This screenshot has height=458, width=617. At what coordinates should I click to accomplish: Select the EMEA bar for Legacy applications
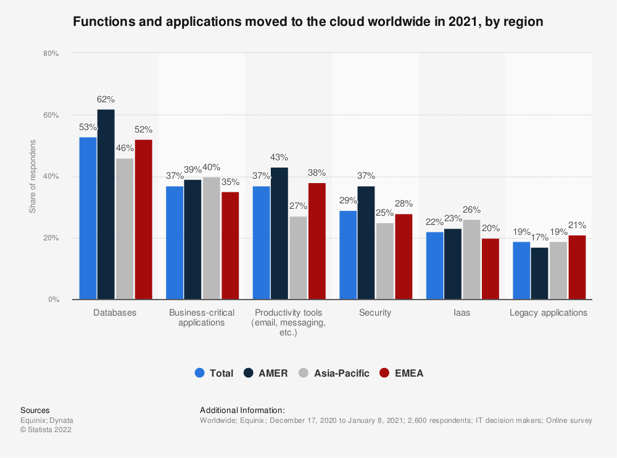click(577, 268)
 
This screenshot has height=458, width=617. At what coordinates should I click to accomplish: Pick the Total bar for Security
click(348, 255)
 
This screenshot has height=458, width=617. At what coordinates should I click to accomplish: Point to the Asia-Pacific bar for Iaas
click(472, 260)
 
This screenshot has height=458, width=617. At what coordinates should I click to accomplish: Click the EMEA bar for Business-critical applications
click(230, 246)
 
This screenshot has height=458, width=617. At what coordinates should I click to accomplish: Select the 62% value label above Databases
click(106, 100)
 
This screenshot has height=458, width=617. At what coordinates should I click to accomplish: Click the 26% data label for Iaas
click(472, 210)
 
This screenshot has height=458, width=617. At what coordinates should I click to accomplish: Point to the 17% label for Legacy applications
click(539, 237)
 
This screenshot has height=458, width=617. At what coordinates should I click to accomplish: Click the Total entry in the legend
click(214, 373)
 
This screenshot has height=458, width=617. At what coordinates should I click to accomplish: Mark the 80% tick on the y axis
click(51, 54)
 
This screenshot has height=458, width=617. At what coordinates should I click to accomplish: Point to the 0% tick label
click(54, 300)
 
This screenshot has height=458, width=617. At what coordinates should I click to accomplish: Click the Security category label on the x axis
click(375, 313)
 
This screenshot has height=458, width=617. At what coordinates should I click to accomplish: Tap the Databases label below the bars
click(115, 313)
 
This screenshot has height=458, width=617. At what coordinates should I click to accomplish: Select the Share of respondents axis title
click(33, 177)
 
